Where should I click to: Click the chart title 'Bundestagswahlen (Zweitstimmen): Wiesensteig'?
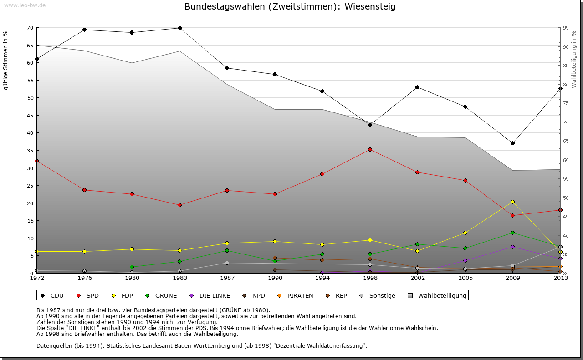290,7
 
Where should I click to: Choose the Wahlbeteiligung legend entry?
437,295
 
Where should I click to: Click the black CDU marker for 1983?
179,28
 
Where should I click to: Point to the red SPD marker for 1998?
370,149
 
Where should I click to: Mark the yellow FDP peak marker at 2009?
513,202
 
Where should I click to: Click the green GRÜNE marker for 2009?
513,233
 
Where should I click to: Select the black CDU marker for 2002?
417,87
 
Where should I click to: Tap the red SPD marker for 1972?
36,161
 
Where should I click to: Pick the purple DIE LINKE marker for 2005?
465,260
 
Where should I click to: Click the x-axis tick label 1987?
227,278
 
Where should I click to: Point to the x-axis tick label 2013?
560,278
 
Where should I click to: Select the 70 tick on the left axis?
30,28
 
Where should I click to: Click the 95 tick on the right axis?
566,28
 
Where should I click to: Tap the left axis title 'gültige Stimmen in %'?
6,61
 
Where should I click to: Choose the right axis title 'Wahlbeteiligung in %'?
574,60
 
